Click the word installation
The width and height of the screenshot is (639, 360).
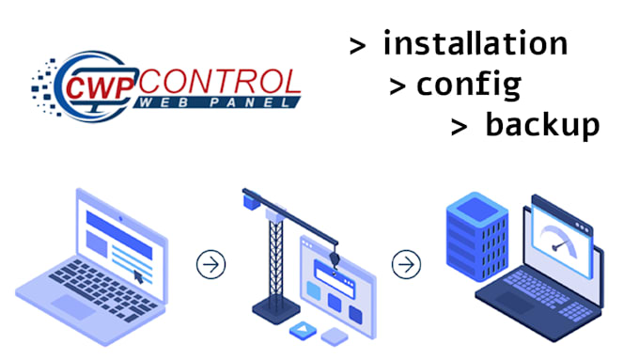(x=475, y=44)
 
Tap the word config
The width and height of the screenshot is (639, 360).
(x=468, y=86)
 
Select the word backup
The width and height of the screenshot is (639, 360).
(x=541, y=126)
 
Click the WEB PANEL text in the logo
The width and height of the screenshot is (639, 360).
(x=211, y=102)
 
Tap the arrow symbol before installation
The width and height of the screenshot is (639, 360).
(x=357, y=46)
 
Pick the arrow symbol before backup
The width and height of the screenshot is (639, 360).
(x=459, y=128)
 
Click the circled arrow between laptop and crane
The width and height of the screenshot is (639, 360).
(x=211, y=264)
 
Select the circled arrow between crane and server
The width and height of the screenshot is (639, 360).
(x=406, y=264)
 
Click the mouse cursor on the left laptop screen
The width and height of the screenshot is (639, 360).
(x=139, y=276)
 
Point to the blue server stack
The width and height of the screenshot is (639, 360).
(x=475, y=240)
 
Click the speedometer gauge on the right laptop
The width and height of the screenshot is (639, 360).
(x=561, y=238)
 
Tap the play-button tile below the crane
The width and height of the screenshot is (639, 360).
(x=302, y=330)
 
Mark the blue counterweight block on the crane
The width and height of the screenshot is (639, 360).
(x=251, y=198)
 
